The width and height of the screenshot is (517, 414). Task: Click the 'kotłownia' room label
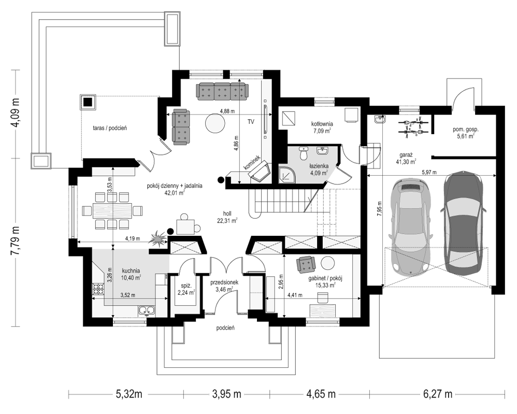(322, 124)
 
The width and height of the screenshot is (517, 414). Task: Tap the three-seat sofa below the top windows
(221, 91)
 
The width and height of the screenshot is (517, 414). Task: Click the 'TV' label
(251, 122)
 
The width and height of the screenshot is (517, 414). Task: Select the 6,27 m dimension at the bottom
(438, 394)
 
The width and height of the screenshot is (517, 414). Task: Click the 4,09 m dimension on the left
(15, 115)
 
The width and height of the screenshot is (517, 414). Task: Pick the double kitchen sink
(147, 310)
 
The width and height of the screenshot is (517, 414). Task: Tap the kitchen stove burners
(98, 289)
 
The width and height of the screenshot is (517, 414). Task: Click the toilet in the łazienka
(303, 153)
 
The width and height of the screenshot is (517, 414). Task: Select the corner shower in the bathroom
(287, 174)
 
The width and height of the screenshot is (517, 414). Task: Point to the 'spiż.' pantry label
(186, 285)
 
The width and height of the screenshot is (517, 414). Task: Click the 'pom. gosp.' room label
(466, 130)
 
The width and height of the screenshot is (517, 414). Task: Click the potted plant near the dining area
(159, 237)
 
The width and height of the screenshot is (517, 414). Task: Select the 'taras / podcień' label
(110, 128)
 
